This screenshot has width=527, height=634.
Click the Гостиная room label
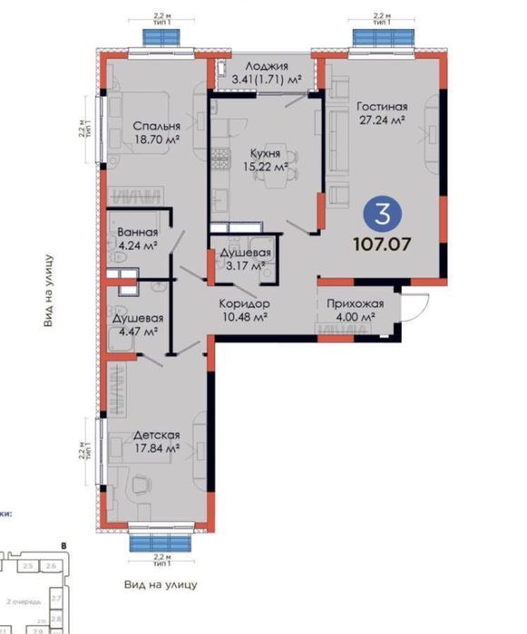point(379,104)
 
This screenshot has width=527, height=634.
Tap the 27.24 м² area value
point(379,119)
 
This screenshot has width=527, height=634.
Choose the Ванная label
point(136,232)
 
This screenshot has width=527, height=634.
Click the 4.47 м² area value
point(138,332)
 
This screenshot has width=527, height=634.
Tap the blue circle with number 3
point(383,215)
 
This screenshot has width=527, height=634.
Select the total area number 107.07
point(383,244)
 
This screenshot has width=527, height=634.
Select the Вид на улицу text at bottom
point(161,584)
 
